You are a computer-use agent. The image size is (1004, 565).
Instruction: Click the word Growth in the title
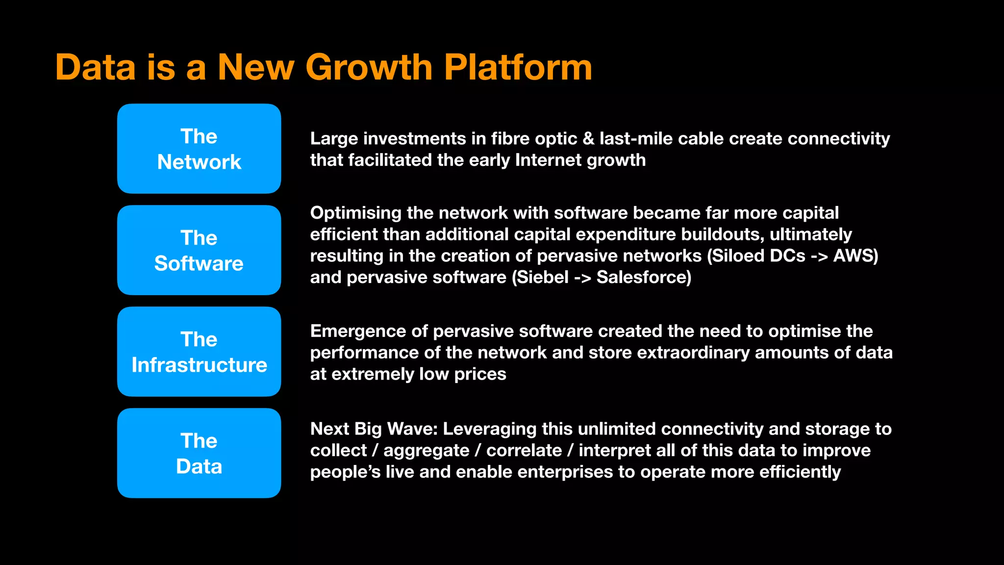[x=369, y=67]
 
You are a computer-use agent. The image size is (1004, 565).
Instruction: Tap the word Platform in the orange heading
[x=518, y=67]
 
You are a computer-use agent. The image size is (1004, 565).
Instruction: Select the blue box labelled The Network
[x=199, y=149]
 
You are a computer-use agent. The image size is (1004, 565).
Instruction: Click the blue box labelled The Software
[x=199, y=250]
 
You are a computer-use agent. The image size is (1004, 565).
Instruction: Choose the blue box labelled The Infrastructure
[x=199, y=352]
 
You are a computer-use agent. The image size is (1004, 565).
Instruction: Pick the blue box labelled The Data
[x=199, y=453]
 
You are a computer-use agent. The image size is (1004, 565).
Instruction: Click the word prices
[x=480, y=374]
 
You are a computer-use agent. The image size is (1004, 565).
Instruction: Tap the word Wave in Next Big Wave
[x=412, y=429]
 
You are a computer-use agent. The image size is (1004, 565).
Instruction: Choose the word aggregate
[x=426, y=451]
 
